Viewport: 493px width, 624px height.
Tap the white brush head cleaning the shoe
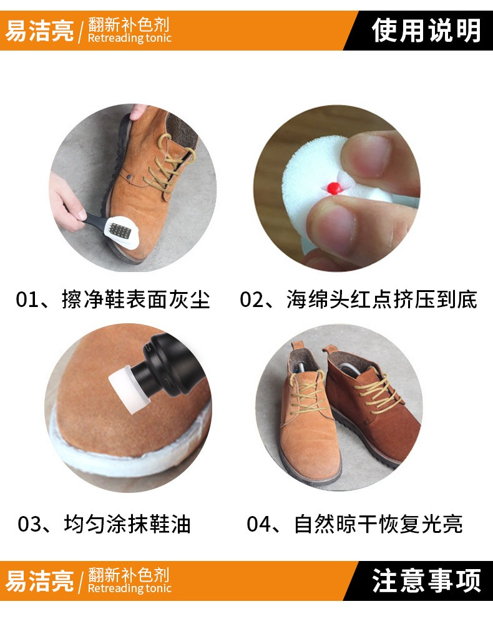click(x=121, y=232)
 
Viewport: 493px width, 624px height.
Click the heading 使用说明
click(x=426, y=31)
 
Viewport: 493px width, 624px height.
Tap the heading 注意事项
click(x=426, y=581)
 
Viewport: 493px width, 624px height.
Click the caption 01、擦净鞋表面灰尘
click(x=112, y=300)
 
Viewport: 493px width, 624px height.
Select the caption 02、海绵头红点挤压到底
click(x=358, y=300)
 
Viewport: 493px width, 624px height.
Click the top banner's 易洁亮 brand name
click(x=39, y=31)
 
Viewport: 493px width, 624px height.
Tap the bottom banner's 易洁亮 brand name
click(x=39, y=581)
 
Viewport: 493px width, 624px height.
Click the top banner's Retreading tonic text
click(x=129, y=38)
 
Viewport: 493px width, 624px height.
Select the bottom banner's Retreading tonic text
click(x=129, y=588)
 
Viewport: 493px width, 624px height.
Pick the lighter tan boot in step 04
click(x=308, y=418)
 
